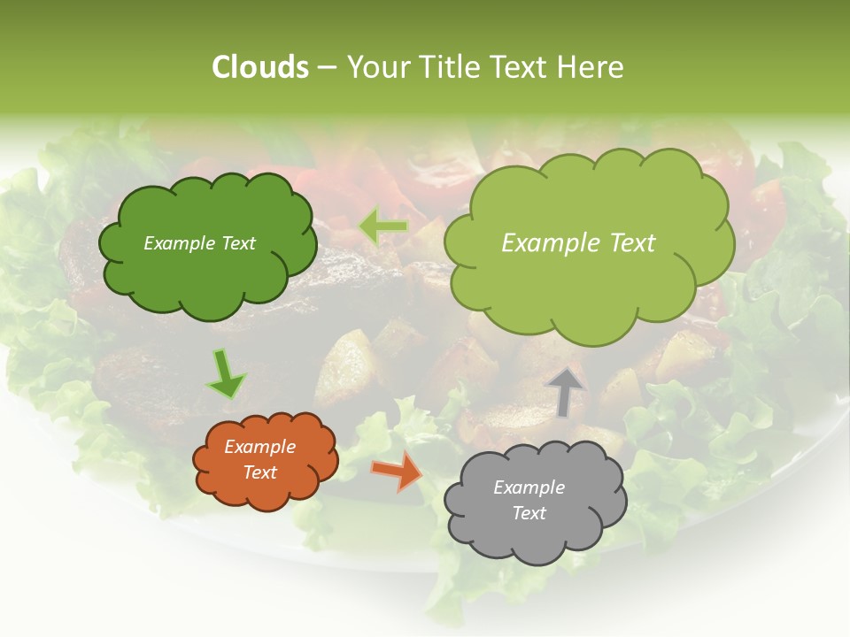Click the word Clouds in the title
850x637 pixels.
click(259, 67)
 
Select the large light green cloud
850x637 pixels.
click(589, 292)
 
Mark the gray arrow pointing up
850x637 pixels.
click(566, 389)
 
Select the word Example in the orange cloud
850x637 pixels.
click(260, 447)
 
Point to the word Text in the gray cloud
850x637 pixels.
click(529, 513)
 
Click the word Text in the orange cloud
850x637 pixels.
click(260, 472)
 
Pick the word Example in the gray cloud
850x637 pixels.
click(529, 487)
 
